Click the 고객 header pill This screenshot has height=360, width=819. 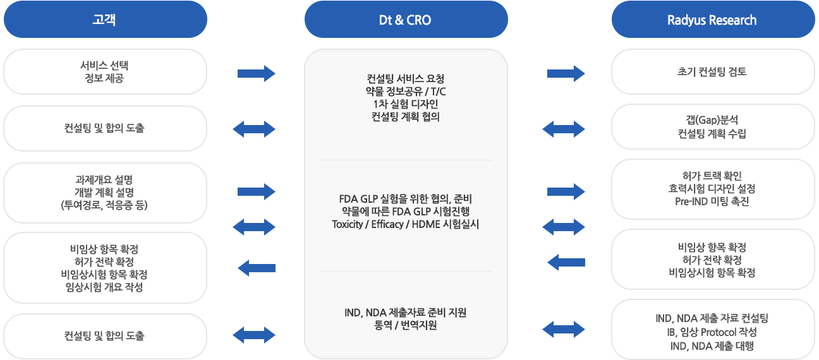point(105,20)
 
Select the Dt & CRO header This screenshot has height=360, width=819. point(406,20)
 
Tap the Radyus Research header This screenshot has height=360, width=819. point(712,20)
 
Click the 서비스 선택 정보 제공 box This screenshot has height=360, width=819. point(105,71)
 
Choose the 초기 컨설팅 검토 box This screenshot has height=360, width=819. point(712,71)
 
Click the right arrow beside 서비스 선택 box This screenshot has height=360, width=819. point(256,74)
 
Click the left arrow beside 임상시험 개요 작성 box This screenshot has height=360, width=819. point(256,268)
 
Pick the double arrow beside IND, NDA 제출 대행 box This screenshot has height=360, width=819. point(564,328)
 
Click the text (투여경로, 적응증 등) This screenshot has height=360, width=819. point(105,205)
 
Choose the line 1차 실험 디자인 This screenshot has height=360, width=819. point(406,104)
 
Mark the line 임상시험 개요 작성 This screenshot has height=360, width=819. point(105,287)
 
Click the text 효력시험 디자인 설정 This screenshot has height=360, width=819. point(712,189)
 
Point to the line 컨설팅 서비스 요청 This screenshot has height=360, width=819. point(406,79)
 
